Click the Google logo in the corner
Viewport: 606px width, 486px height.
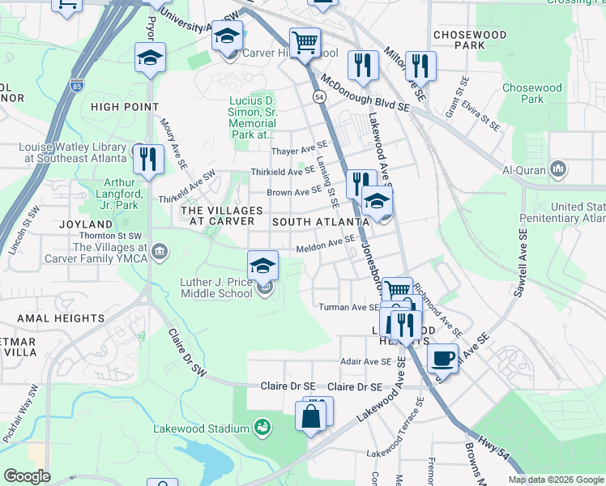pos(28,476)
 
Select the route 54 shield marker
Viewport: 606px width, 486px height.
pos(320,96)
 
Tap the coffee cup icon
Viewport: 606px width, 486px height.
pos(442,357)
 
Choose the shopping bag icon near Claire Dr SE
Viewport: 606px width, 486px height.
pos(311,417)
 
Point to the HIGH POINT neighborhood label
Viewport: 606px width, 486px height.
pos(125,106)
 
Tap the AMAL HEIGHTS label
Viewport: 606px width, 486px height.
pos(60,318)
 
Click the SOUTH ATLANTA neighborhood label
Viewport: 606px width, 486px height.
pos(321,221)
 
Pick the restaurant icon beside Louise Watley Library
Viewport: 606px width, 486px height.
pos(147,159)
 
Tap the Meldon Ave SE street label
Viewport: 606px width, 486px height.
pos(325,244)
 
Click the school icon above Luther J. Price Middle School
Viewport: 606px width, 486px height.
pos(262,266)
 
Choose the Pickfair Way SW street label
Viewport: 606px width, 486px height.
pos(22,413)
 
